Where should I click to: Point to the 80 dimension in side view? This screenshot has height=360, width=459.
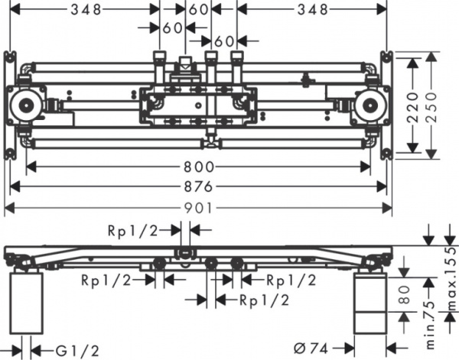[x=406, y=297]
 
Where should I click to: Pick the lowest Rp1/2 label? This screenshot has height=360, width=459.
[x=265, y=300]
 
